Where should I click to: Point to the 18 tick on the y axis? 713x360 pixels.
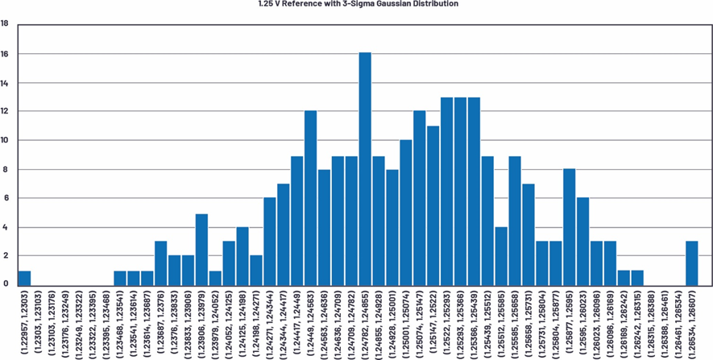pyautogui.click(x=5, y=24)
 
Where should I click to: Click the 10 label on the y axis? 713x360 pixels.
pyautogui.click(x=5, y=140)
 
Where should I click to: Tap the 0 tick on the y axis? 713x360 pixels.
pyautogui.click(x=5, y=283)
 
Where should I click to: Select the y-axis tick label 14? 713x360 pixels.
pyautogui.click(x=5, y=83)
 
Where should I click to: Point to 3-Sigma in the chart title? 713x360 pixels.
pyautogui.click(x=352, y=4)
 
